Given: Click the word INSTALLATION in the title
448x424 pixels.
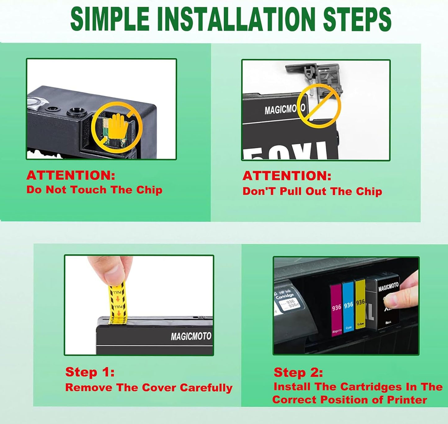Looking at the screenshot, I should pyautogui.click(x=236, y=19).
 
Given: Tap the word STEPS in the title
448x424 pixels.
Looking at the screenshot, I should pyautogui.click(x=357, y=19).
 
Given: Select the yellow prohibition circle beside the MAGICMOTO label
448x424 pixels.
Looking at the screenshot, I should pyautogui.click(x=319, y=106).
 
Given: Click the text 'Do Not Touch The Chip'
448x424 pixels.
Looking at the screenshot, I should pyautogui.click(x=94, y=190).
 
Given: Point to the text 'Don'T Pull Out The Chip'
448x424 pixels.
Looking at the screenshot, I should pyautogui.click(x=312, y=191).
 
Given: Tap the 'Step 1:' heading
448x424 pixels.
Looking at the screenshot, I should pyautogui.click(x=90, y=372).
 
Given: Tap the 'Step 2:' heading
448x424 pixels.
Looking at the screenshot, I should pyautogui.click(x=298, y=372).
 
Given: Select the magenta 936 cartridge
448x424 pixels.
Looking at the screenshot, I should pyautogui.click(x=336, y=307).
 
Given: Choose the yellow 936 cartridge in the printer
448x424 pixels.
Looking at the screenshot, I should pyautogui.click(x=360, y=303).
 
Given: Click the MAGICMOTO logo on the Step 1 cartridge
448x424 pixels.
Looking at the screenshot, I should pyautogui.click(x=191, y=336).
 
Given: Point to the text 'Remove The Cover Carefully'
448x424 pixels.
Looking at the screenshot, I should pyautogui.click(x=149, y=388).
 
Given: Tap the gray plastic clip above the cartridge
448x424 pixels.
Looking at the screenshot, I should pyautogui.click(x=313, y=74).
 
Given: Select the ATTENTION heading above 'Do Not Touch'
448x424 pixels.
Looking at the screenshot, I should pyautogui.click(x=71, y=175).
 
